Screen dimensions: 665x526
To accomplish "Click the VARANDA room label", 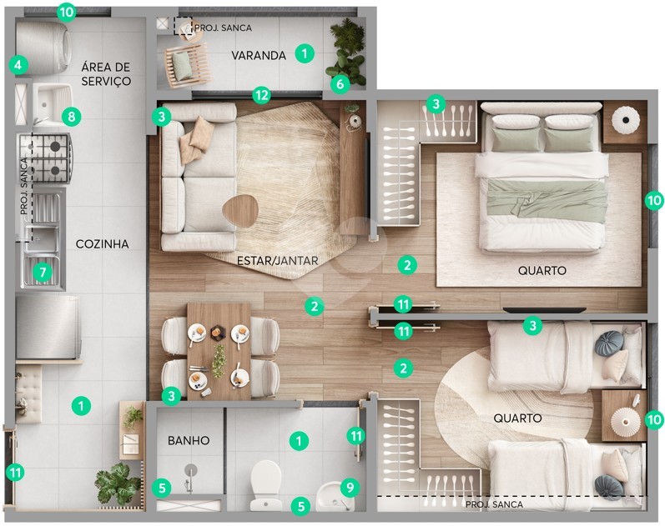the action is (x=259, y=56).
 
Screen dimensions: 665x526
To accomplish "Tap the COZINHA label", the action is (x=102, y=244).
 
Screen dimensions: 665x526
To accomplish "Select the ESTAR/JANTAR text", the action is (x=277, y=261).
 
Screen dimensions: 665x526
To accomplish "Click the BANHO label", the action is (x=189, y=440).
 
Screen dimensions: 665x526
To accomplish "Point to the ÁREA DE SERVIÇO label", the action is (x=106, y=73).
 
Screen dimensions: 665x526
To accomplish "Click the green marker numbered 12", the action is (x=262, y=95).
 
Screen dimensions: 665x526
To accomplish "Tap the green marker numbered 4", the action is (x=18, y=65).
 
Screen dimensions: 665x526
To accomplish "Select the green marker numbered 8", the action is (x=71, y=116).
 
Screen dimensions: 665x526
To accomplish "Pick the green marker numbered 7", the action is (x=43, y=272).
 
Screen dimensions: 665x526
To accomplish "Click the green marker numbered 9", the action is (x=350, y=488).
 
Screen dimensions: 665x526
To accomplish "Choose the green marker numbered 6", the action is (x=340, y=84).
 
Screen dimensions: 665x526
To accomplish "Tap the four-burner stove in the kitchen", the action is (x=44, y=158).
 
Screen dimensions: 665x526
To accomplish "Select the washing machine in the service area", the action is (x=43, y=47).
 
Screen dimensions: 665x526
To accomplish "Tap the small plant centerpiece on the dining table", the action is (x=219, y=361).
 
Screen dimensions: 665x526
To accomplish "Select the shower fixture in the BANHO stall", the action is (x=190, y=478).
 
